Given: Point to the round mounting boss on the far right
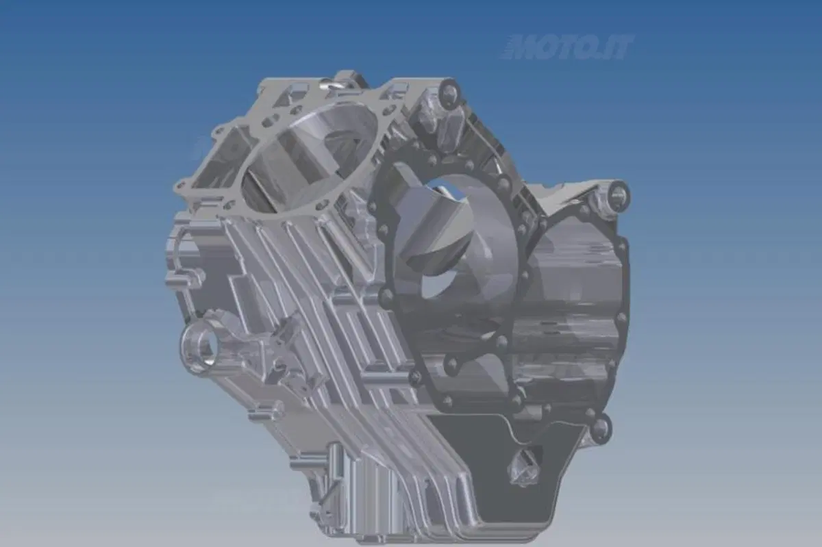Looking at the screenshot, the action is [617, 192].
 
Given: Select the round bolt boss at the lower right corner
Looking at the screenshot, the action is [600, 427].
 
